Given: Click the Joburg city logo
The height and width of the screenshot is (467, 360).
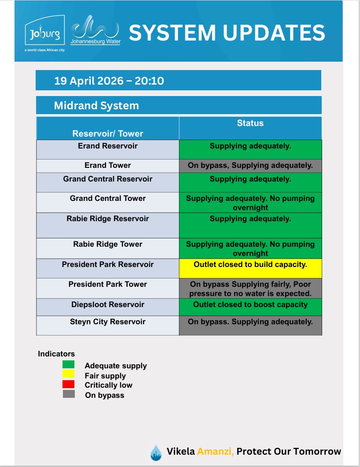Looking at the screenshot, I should [x=45, y=33].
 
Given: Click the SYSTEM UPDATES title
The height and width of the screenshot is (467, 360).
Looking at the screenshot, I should [x=227, y=33].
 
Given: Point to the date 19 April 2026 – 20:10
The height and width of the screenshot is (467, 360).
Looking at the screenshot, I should [x=109, y=81].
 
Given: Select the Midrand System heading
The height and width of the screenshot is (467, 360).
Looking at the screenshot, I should [x=96, y=106].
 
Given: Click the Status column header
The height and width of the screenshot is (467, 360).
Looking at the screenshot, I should [x=250, y=123].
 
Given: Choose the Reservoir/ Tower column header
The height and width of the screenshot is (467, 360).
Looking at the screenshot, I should [x=108, y=133].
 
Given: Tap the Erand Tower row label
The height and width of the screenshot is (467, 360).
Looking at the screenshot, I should [x=108, y=166].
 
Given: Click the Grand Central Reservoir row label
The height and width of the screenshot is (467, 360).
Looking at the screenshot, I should [x=108, y=179].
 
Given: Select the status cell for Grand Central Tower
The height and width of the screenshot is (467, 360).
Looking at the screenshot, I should [x=250, y=203].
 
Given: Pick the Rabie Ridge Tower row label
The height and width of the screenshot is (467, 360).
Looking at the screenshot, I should [x=108, y=244].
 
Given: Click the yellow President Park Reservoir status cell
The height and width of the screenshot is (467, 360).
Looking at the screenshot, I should [x=250, y=268].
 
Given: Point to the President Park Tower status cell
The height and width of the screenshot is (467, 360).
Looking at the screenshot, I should [x=250, y=289].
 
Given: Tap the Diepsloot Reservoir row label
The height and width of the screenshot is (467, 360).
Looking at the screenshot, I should [x=108, y=304].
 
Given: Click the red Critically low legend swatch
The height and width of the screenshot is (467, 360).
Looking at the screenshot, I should [x=69, y=384].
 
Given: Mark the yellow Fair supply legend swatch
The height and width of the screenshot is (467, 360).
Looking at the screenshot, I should [x=69, y=374].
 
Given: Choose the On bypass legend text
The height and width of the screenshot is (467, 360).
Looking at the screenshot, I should [x=105, y=395].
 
